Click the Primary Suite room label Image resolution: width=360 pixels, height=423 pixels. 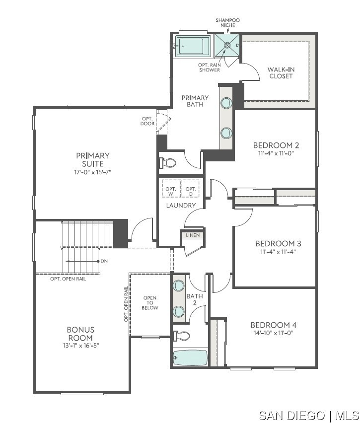(x=92, y=159)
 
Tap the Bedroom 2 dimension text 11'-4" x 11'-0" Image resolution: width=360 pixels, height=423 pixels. (x=276, y=153)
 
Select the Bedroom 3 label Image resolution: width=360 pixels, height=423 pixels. (x=278, y=244)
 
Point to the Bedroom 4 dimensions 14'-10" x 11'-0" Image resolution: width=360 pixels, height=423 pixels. (x=274, y=333)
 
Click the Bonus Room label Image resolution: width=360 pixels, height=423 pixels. (x=80, y=334)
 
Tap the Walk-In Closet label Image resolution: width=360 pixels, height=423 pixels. (x=281, y=72)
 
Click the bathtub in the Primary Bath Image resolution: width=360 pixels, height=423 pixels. (x=193, y=46)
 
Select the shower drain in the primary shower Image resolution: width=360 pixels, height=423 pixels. (x=227, y=45)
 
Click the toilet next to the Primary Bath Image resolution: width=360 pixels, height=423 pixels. (x=167, y=163)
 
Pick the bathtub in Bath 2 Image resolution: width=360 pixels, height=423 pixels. (x=190, y=358)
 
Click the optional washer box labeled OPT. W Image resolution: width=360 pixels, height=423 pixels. (x=171, y=189)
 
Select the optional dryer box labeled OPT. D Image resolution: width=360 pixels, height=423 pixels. (x=191, y=189)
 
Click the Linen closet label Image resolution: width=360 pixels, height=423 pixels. (x=193, y=235)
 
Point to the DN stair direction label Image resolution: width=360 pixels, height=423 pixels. (x=104, y=261)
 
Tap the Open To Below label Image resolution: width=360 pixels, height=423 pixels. (x=150, y=303)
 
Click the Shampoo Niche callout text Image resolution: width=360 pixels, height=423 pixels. (x=228, y=23)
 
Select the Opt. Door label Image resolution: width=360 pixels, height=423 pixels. (x=147, y=121)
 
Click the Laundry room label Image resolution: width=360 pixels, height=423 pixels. (x=181, y=206)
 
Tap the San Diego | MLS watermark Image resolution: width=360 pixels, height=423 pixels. (x=309, y=416)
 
